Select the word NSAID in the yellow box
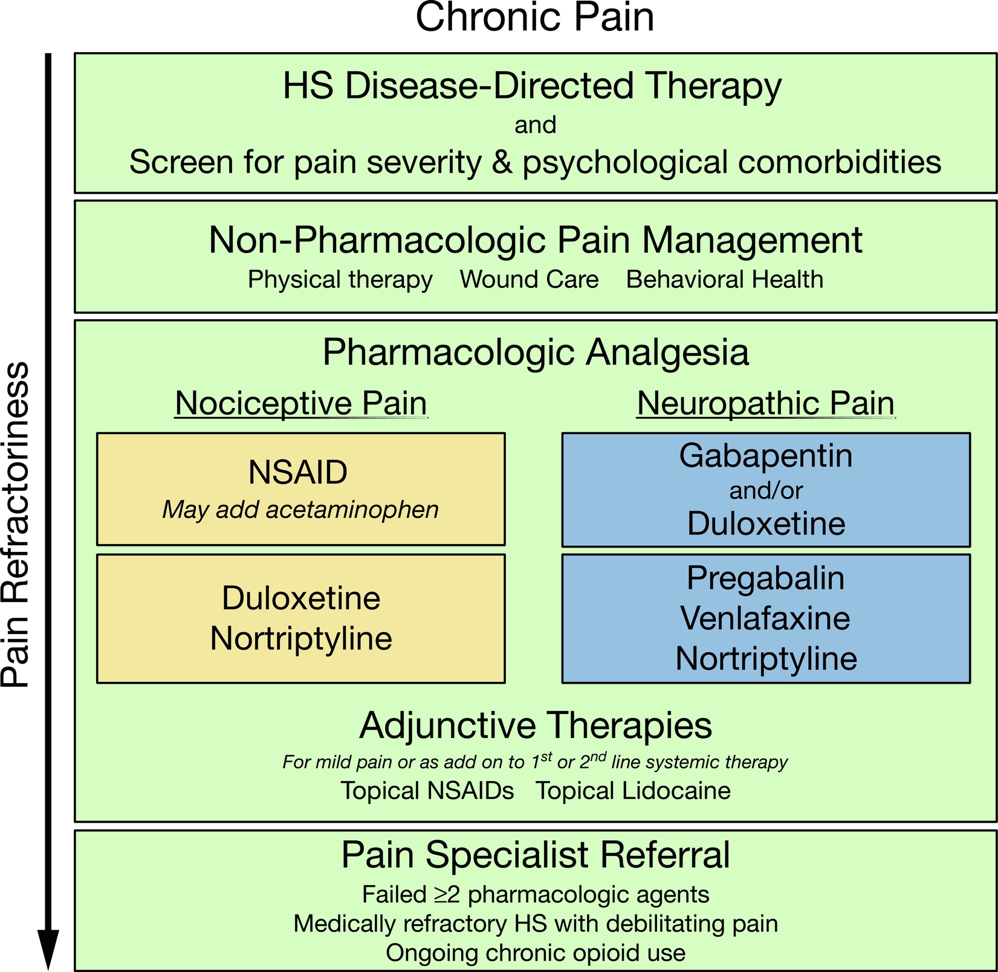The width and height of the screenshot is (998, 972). pyautogui.click(x=298, y=473)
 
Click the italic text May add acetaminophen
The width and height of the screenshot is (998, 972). pyautogui.click(x=300, y=510)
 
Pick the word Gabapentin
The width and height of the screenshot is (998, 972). pyautogui.click(x=765, y=456)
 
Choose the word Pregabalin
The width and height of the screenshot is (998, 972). pyautogui.click(x=765, y=578)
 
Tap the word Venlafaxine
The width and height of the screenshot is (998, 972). pyautogui.click(x=765, y=618)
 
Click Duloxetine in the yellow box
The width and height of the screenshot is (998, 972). pyautogui.click(x=301, y=598)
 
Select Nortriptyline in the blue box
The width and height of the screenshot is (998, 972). pyautogui.click(x=765, y=658)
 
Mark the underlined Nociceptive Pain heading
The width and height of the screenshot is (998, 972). pyautogui.click(x=301, y=403)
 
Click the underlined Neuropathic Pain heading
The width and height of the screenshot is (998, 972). pyautogui.click(x=765, y=403)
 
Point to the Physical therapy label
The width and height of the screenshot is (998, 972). pyautogui.click(x=340, y=280)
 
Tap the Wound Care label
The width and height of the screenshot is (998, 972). pyautogui.click(x=529, y=280)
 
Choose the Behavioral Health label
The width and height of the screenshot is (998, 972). pyautogui.click(x=724, y=280)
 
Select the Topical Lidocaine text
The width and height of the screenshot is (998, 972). pyautogui.click(x=633, y=791)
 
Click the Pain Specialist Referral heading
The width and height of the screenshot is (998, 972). pyautogui.click(x=536, y=855)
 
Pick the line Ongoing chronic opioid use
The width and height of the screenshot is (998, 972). pyautogui.click(x=536, y=953)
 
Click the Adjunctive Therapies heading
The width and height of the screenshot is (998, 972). pyautogui.click(x=536, y=725)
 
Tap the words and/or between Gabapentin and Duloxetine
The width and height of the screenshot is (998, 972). pyautogui.click(x=765, y=490)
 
